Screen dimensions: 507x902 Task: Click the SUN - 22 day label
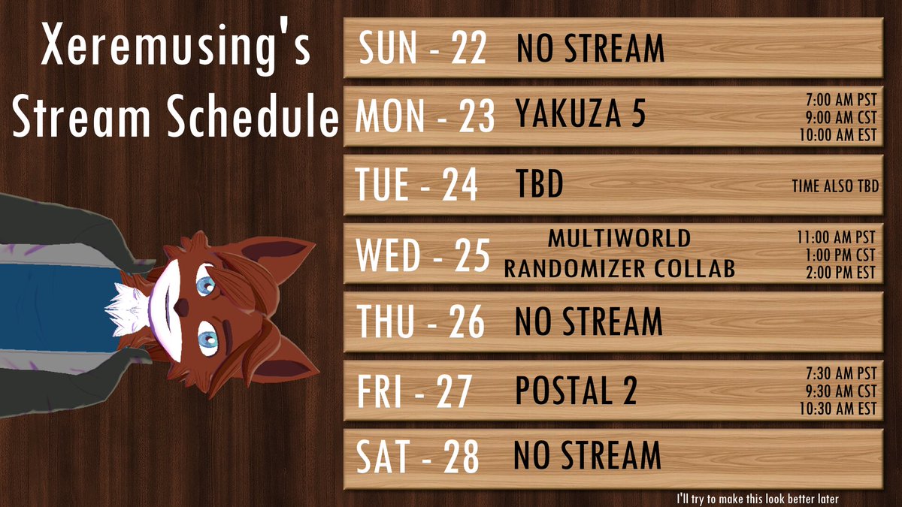(422, 49)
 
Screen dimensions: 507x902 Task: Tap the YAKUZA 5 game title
(580, 116)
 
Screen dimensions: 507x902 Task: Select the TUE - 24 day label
(417, 185)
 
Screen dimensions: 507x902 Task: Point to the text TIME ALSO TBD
(834, 186)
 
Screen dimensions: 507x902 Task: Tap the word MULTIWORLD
(619, 239)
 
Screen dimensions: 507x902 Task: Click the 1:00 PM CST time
(843, 256)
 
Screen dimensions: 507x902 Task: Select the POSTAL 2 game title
(576, 391)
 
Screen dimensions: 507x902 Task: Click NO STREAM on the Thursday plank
(589, 322)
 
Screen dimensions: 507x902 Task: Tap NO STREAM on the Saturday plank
(587, 456)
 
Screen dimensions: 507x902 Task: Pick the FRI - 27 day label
(414, 391)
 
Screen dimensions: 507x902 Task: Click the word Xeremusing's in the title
(175, 49)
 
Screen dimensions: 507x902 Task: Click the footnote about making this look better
(757, 498)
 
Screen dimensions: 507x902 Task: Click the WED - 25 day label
(423, 255)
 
